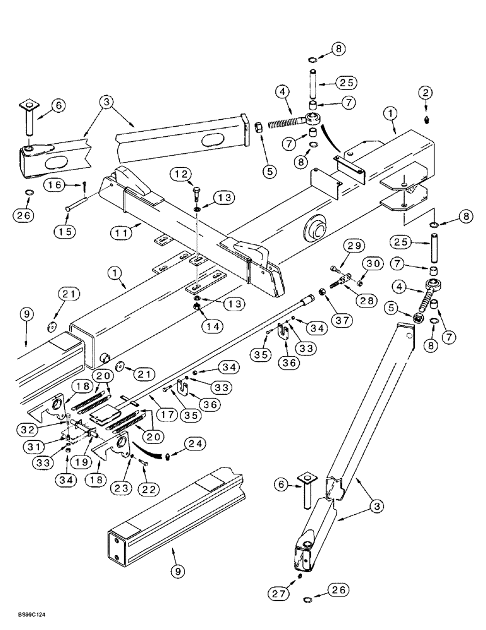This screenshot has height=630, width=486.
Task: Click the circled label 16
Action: [x=55, y=185]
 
